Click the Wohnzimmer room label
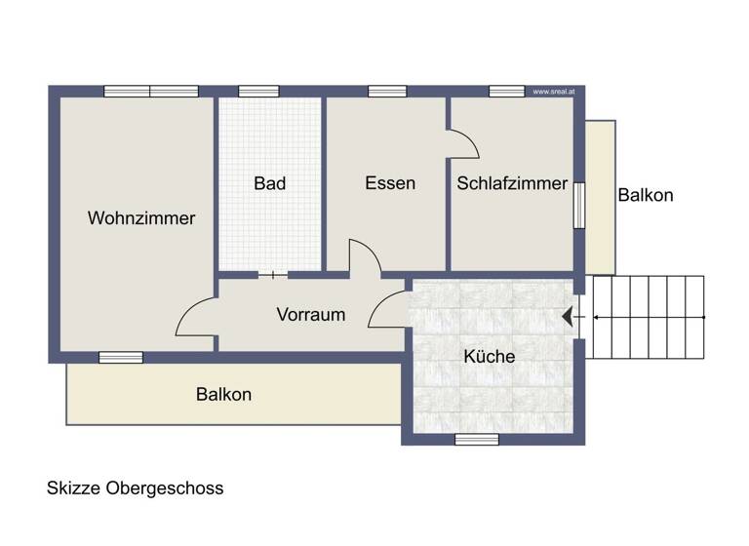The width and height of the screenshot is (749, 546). coord(141,218)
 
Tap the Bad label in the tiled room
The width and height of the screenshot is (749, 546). coord(269,183)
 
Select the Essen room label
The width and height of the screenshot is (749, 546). coord(390,183)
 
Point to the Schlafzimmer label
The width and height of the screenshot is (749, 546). coord(512,183)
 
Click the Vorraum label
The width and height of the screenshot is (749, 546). coord(311,315)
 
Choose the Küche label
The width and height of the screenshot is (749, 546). coord(489,357)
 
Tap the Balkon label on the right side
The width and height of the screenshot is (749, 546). coord(646,195)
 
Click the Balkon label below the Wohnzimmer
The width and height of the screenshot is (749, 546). coord(223,395)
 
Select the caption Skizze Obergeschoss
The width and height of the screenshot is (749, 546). coord(136,488)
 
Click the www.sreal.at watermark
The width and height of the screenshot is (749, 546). coord(553,92)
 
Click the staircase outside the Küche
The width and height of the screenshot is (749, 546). coord(648,316)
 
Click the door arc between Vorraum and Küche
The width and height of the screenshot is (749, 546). coord(388,306)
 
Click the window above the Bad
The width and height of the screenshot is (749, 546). coord(258,92)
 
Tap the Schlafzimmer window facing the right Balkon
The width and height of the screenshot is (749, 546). coord(579,205)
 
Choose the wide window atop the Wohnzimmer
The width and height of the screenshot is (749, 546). coord(151,92)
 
